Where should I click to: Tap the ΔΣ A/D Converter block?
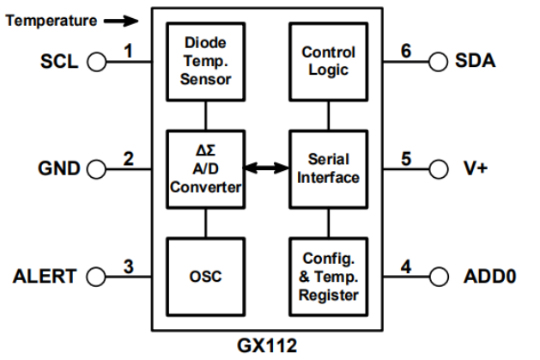205,168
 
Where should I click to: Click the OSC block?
205,277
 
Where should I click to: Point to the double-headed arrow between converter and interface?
266,168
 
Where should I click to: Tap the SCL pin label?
58,62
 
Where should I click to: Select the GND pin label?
58,168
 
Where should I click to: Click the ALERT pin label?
45,277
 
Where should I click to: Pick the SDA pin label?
477,62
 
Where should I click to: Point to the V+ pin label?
476,168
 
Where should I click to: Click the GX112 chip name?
268,347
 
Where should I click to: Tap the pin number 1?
127,52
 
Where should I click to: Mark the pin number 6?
407,52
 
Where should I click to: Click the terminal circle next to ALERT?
95,277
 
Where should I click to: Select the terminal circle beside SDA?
439,62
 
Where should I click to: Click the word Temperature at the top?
50,20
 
